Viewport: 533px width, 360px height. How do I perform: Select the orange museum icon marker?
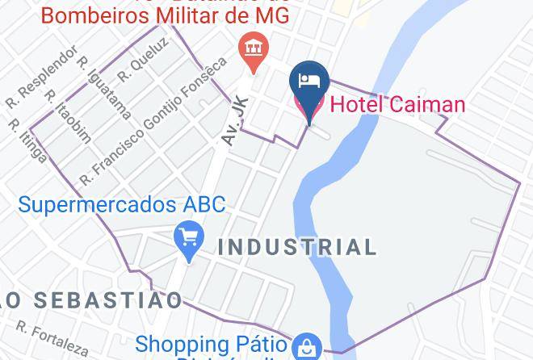pyautogui.click(x=254, y=48)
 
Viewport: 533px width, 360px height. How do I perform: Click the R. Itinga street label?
pyautogui.click(x=27, y=140)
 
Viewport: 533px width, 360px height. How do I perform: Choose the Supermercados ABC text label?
pyautogui.click(x=122, y=204)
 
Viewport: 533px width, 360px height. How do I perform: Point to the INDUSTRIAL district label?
pyautogui.click(x=298, y=246)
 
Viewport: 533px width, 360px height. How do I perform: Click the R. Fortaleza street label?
pyautogui.click(x=52, y=340)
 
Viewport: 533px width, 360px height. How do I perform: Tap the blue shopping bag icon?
pyautogui.click(x=306, y=348)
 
